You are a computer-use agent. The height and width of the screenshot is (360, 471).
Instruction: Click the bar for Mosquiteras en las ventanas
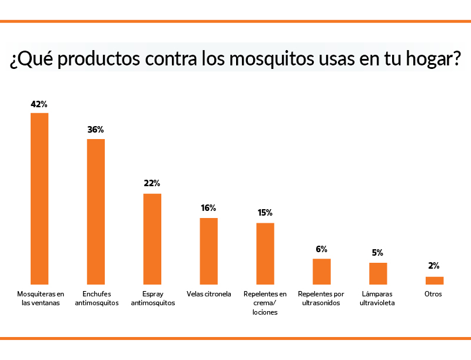click(x=39, y=199)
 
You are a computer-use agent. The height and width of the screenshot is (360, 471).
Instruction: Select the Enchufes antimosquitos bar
click(x=96, y=212)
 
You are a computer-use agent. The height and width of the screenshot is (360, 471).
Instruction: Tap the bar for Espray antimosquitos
click(x=152, y=239)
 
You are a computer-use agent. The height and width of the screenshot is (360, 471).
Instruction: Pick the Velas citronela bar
click(x=209, y=251)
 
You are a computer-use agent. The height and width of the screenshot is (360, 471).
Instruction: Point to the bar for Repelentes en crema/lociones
click(x=265, y=253)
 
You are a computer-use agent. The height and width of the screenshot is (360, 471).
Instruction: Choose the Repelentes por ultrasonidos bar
click(x=321, y=272)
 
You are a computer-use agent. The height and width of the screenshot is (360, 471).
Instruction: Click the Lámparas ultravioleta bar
click(x=378, y=273)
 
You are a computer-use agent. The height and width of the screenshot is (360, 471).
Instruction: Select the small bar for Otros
click(x=434, y=280)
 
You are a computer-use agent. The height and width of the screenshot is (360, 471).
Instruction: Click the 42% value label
click(x=39, y=104)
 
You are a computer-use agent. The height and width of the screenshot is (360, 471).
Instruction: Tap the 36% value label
click(x=95, y=130)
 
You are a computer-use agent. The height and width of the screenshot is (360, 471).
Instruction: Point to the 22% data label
click(x=152, y=184)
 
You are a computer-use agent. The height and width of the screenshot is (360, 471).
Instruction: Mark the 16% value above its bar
click(x=208, y=208)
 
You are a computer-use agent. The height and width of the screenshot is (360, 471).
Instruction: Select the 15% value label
click(x=265, y=213)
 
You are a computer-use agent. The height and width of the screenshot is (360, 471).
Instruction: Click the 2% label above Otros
click(x=434, y=266)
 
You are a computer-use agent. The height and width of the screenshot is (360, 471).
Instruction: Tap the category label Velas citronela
click(x=209, y=293)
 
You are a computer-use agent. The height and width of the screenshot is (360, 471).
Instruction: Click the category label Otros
click(x=433, y=293)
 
